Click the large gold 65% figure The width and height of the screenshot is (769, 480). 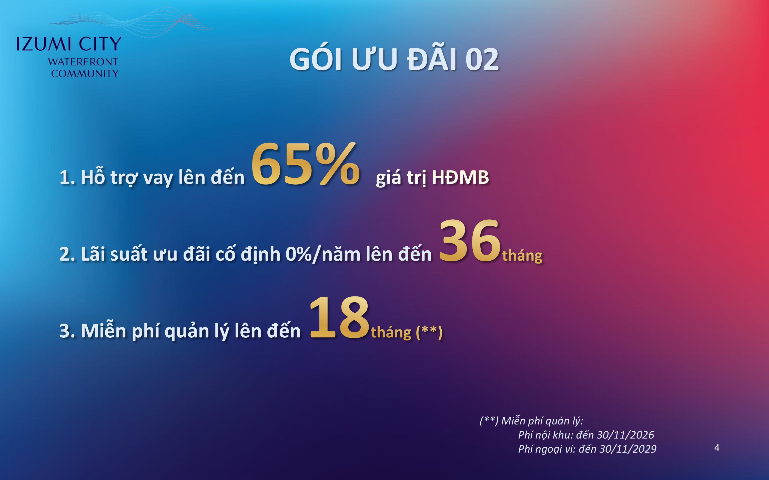click(x=306, y=164)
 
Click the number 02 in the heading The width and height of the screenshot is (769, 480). click(x=482, y=60)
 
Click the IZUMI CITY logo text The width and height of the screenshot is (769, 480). click(x=69, y=44)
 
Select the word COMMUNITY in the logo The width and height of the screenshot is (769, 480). click(x=85, y=74)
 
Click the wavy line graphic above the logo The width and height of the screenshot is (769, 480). click(x=131, y=21)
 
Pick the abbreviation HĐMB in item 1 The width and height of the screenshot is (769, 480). click(x=460, y=177)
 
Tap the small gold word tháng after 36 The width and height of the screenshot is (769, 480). click(x=522, y=255)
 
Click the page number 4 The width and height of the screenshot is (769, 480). click(x=716, y=448)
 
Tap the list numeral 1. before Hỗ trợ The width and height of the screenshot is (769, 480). click(x=67, y=177)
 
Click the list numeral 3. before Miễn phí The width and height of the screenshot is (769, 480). click(x=67, y=331)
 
